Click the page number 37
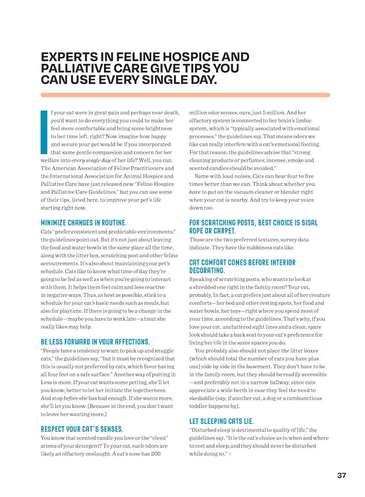(342, 476)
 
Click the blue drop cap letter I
(44, 132)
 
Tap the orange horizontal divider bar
(185, 95)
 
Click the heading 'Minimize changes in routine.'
(83, 223)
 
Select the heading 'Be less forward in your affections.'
(95, 342)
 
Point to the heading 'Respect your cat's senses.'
(82, 429)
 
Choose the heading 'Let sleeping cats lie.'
(221, 421)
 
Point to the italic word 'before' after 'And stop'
(72, 398)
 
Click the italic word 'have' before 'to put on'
(195, 192)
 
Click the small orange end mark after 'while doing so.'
(230, 454)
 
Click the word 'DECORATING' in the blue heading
(207, 270)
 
